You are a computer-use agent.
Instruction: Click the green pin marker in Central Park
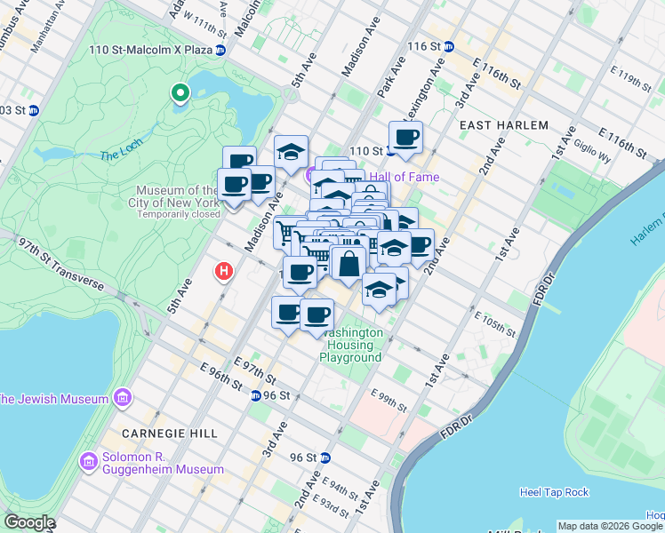tap(180, 92)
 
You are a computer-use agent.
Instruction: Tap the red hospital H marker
tap(225, 270)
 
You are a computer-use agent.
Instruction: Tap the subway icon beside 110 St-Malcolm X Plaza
tap(221, 50)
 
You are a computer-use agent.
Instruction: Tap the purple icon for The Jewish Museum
tap(122, 397)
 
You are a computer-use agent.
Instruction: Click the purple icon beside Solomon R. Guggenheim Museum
tap(88, 462)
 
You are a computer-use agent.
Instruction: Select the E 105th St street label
tap(495, 324)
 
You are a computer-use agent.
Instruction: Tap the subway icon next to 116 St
tap(450, 46)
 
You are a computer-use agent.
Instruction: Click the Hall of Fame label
tap(411, 177)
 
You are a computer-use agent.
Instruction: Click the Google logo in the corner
tap(29, 522)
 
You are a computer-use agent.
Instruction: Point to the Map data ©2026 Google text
tap(610, 526)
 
